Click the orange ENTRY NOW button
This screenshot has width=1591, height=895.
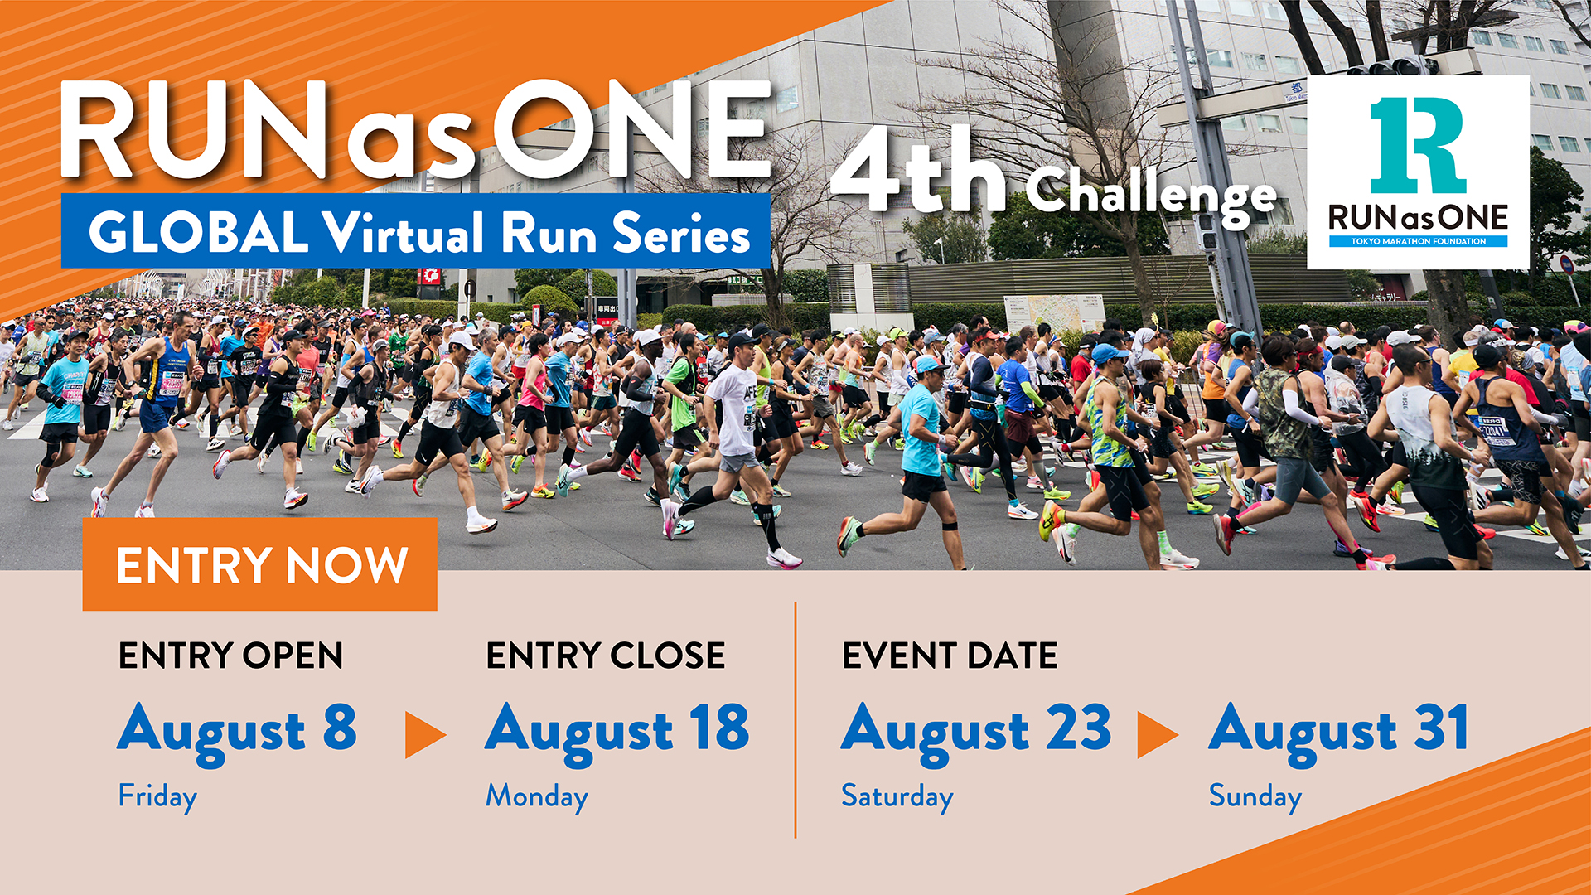259,564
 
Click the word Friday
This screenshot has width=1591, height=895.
157,796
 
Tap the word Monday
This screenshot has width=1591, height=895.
537,796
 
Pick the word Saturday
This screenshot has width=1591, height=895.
897,796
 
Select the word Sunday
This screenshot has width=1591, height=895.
1255,796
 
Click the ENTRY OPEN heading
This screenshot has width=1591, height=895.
230,656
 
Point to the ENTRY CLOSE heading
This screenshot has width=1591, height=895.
606,656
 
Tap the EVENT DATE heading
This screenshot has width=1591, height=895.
950,656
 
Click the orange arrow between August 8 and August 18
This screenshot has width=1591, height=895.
425,734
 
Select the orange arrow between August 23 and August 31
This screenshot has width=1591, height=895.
1158,734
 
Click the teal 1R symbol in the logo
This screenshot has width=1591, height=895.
1419,145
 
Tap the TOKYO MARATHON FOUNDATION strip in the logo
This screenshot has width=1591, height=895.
1419,241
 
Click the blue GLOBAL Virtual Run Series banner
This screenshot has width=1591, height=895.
415,231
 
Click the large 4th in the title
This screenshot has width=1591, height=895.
920,172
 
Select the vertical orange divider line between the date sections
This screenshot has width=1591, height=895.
795,720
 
